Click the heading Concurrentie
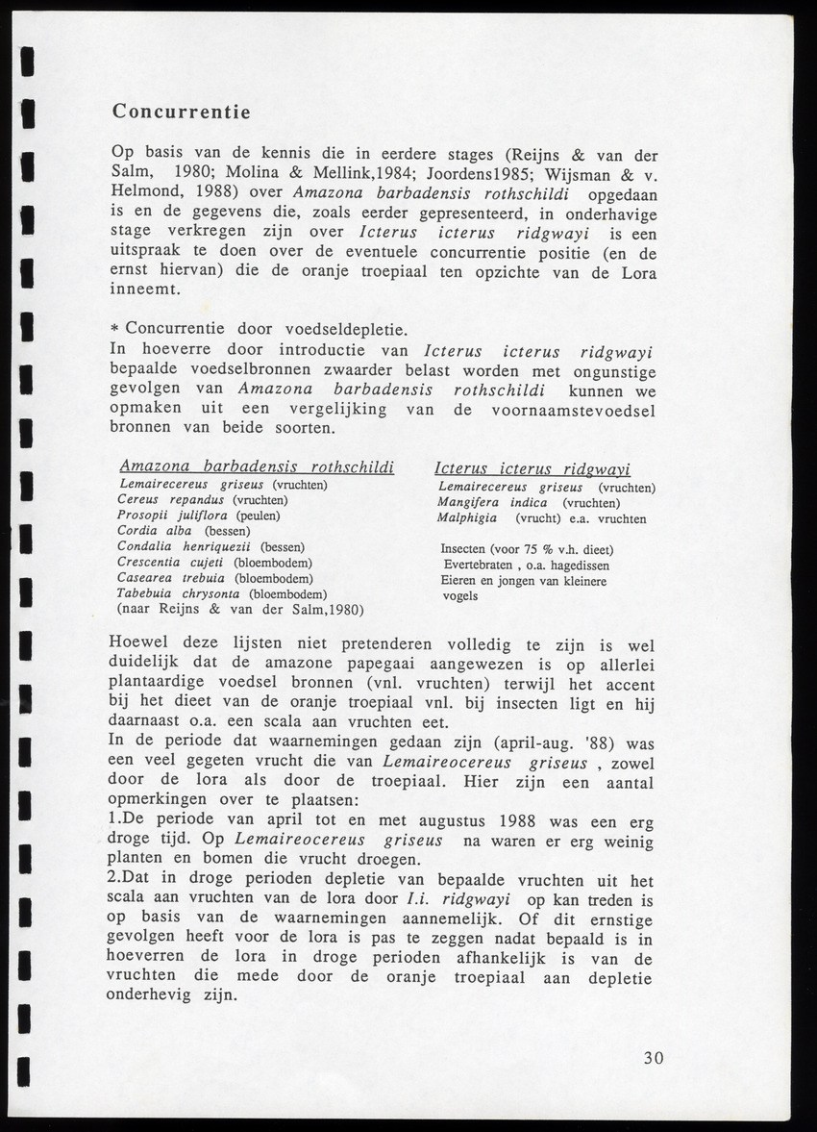click(181, 112)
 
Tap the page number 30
click(654, 1058)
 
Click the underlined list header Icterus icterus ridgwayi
click(532, 469)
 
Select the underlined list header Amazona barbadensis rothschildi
click(257, 467)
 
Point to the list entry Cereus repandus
click(170, 500)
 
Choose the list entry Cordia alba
click(155, 531)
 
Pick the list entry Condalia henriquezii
click(184, 546)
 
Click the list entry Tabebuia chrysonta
click(178, 593)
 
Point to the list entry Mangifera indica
click(492, 503)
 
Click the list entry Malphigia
click(467, 518)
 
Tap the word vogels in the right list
click(459, 596)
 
